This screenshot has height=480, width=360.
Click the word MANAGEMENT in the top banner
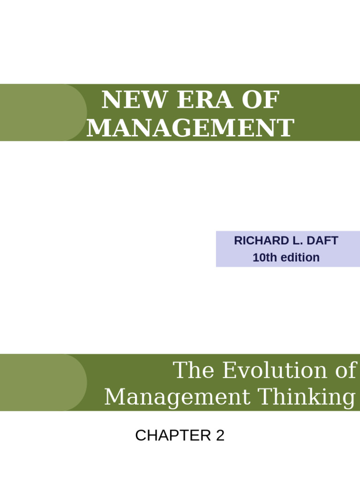(190, 127)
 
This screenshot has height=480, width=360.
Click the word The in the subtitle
(194, 370)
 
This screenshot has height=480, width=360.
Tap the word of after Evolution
(345, 370)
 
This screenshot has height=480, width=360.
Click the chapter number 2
(220, 435)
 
